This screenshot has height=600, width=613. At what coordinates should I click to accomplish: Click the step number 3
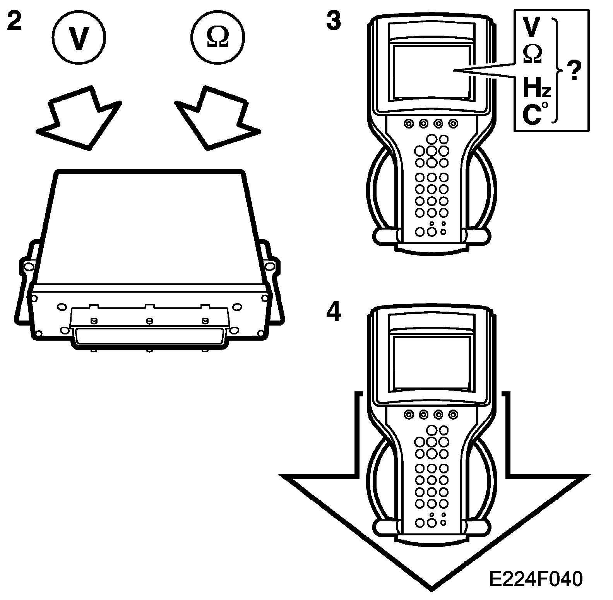(334, 21)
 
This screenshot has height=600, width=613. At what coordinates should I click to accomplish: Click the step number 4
(334, 312)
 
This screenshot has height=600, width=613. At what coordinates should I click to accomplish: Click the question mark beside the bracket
(574, 71)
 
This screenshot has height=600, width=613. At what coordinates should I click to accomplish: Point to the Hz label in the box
(536, 88)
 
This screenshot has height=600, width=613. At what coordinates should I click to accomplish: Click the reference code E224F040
(536, 579)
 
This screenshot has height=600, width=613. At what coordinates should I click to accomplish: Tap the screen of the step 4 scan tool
(432, 362)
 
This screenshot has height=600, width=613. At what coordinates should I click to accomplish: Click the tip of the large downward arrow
(432, 588)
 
